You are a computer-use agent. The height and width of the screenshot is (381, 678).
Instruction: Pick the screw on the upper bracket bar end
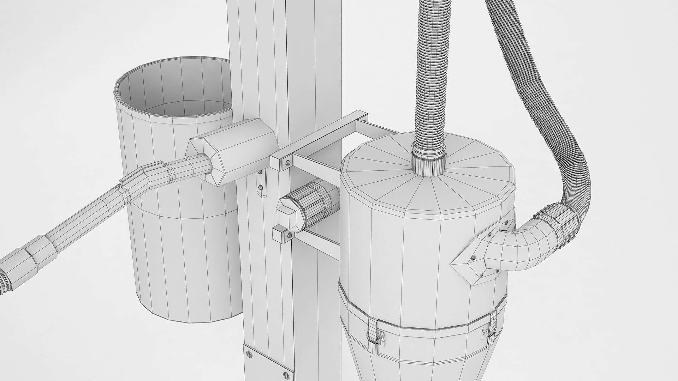tap(288, 163)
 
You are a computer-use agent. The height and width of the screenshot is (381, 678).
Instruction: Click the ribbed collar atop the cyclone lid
tap(428, 164)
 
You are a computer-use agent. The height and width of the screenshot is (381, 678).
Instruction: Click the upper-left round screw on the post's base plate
tap(248, 354)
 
